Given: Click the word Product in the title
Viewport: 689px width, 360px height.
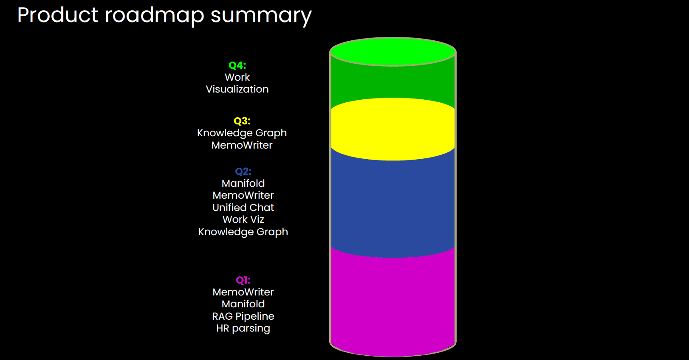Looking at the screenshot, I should point(58,15).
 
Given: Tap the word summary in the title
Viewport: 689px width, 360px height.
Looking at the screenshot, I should point(261,16).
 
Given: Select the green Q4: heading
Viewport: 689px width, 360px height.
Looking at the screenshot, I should point(237,65).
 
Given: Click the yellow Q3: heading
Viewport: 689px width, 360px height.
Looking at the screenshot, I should point(242,121).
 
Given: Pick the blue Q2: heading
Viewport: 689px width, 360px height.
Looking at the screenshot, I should point(243,172).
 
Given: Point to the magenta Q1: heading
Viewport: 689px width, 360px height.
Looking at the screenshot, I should point(243,280).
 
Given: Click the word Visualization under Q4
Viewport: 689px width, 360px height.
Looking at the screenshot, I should point(237,89).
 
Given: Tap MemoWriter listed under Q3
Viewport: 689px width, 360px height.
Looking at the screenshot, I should point(242,145).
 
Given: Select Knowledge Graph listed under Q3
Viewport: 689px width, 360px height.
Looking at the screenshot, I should point(242,133).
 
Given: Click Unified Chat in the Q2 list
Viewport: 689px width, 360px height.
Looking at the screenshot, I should point(243,208).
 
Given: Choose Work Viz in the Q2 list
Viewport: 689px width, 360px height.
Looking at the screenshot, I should point(243,219).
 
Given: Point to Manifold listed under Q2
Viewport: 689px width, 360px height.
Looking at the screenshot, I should point(243,183).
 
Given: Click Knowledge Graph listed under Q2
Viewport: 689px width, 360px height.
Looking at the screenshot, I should point(243,232).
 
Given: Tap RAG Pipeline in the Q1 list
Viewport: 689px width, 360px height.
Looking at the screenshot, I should point(243,316).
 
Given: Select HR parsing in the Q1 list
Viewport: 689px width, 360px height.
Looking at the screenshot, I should point(243,328).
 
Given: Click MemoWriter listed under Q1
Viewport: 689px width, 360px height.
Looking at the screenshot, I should point(243,292).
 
